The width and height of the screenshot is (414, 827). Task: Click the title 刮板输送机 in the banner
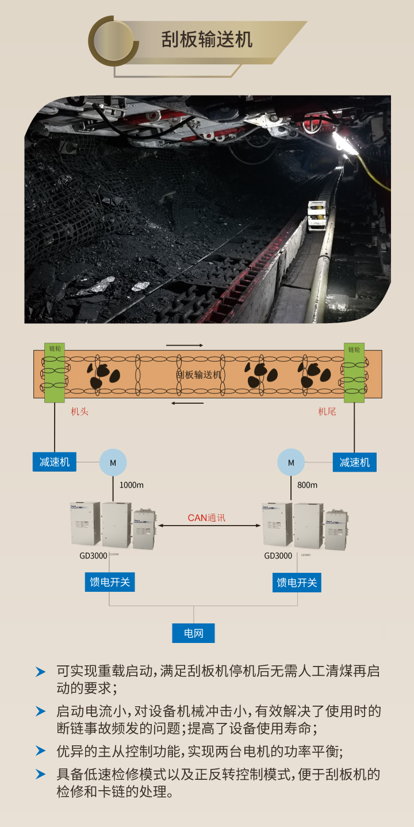[x=206, y=40]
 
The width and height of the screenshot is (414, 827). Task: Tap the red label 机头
[x=79, y=411]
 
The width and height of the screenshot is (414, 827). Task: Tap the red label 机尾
[x=327, y=411]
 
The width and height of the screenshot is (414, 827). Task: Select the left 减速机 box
[x=55, y=462]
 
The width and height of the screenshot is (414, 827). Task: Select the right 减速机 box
[x=354, y=462]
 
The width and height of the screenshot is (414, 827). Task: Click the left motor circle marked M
[x=113, y=462]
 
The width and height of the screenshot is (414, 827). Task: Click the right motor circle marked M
[x=291, y=462]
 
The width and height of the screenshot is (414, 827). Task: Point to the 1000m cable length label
[x=131, y=485]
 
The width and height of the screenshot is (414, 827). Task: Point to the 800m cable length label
[x=307, y=485]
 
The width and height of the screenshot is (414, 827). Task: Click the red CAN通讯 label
[x=206, y=518]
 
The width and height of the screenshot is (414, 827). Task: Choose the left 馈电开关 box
[x=109, y=582]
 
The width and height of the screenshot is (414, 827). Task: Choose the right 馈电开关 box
[x=297, y=582]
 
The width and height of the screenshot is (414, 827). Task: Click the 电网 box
[x=194, y=633]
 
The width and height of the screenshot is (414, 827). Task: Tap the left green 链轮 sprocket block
[x=55, y=373]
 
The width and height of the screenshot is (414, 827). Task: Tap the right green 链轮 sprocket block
[x=354, y=373]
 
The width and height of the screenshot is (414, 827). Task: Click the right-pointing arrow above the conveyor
[x=185, y=345]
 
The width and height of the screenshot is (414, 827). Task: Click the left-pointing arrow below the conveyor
[x=187, y=403]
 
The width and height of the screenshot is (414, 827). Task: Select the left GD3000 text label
[x=93, y=556]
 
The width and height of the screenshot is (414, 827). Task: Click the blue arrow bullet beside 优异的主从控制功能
[x=40, y=751]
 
